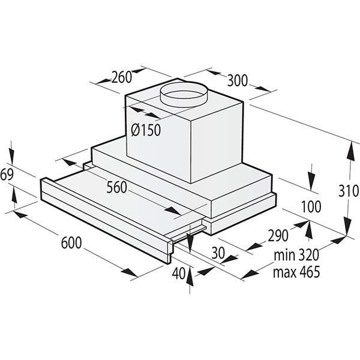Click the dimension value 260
click(x=122, y=77)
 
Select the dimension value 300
click(x=237, y=80)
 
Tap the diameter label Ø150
click(x=146, y=130)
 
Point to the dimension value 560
click(x=116, y=187)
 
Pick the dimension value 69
click(x=7, y=175)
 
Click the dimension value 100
click(x=311, y=207)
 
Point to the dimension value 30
click(x=218, y=253)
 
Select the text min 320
click(x=296, y=255)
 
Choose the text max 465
click(x=296, y=272)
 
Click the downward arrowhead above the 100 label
click(x=311, y=179)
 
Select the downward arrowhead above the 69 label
click(x=11, y=155)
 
